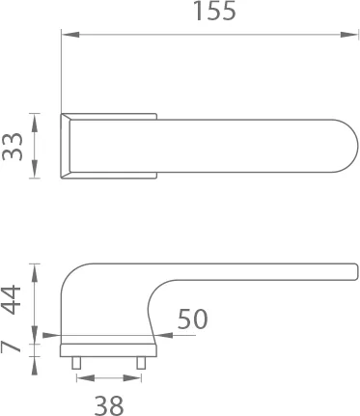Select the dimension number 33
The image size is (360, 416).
coord(13,147)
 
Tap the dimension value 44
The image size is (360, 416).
coord(12,299)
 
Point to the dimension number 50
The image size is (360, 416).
coord(192,319)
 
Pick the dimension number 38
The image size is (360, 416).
coord(109,405)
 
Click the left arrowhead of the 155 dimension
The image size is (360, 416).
coord(70,35)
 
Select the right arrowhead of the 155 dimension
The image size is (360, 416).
coord(349,35)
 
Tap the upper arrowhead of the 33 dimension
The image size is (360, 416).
coord(35,122)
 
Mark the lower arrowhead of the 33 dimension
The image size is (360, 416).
coord(35,169)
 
